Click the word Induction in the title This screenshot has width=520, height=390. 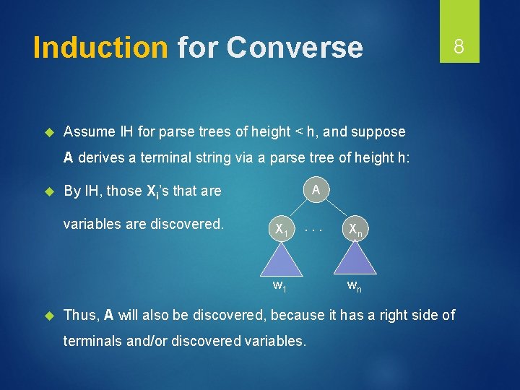pos(100,48)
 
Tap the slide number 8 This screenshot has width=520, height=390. pos(458,48)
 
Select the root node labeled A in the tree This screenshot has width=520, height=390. pos(316,190)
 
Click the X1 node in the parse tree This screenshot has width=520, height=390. pos(280,229)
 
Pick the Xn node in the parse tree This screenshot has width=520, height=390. pos(355,229)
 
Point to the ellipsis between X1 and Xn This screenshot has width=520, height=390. pos(313,229)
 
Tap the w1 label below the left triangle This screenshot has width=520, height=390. pos(279,286)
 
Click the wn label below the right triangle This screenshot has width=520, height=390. pos(354,286)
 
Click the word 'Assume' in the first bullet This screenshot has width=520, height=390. pos(90,131)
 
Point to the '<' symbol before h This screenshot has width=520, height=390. pos(298,131)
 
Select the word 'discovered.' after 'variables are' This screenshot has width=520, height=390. pos(186,224)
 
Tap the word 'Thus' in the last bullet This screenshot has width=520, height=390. pos(80,314)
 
